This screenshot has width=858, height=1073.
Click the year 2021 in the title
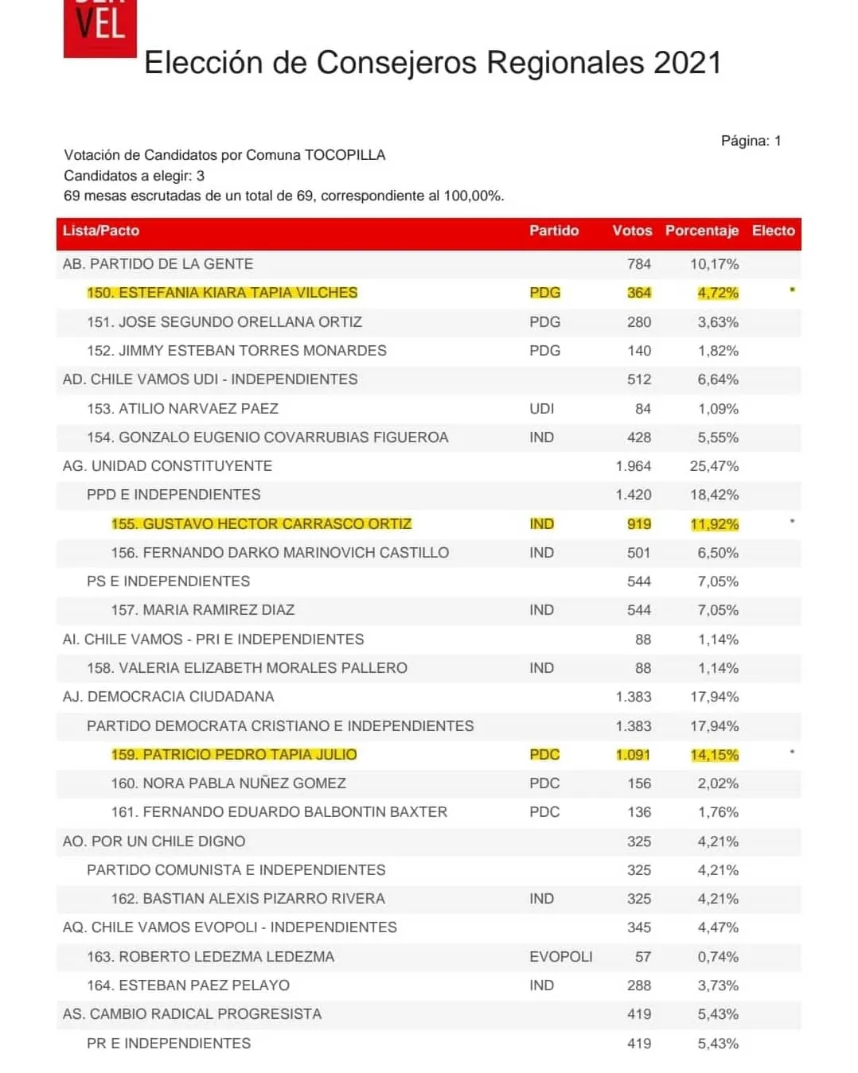(687, 63)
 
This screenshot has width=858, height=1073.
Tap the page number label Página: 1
(751, 141)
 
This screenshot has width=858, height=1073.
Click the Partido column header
(554, 231)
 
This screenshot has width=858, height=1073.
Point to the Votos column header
(632, 231)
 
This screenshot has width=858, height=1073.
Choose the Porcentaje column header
(701, 231)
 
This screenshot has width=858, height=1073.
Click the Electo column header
(773, 231)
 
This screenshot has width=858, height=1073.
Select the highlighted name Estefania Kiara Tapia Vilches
(222, 293)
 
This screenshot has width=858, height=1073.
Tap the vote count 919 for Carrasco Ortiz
(638, 524)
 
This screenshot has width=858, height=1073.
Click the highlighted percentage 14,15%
(714, 755)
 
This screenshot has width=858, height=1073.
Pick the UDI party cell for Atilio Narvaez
(541, 409)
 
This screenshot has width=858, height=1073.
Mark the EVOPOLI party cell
(560, 957)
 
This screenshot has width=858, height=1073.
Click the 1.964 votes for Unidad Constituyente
(633, 466)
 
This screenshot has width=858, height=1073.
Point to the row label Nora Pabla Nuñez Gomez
(228, 783)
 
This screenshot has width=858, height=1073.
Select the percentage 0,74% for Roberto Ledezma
(718, 957)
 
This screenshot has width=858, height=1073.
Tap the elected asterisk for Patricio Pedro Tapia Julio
(792, 752)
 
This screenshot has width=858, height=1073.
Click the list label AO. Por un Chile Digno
(154, 842)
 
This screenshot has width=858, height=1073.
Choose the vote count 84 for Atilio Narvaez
(642, 409)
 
